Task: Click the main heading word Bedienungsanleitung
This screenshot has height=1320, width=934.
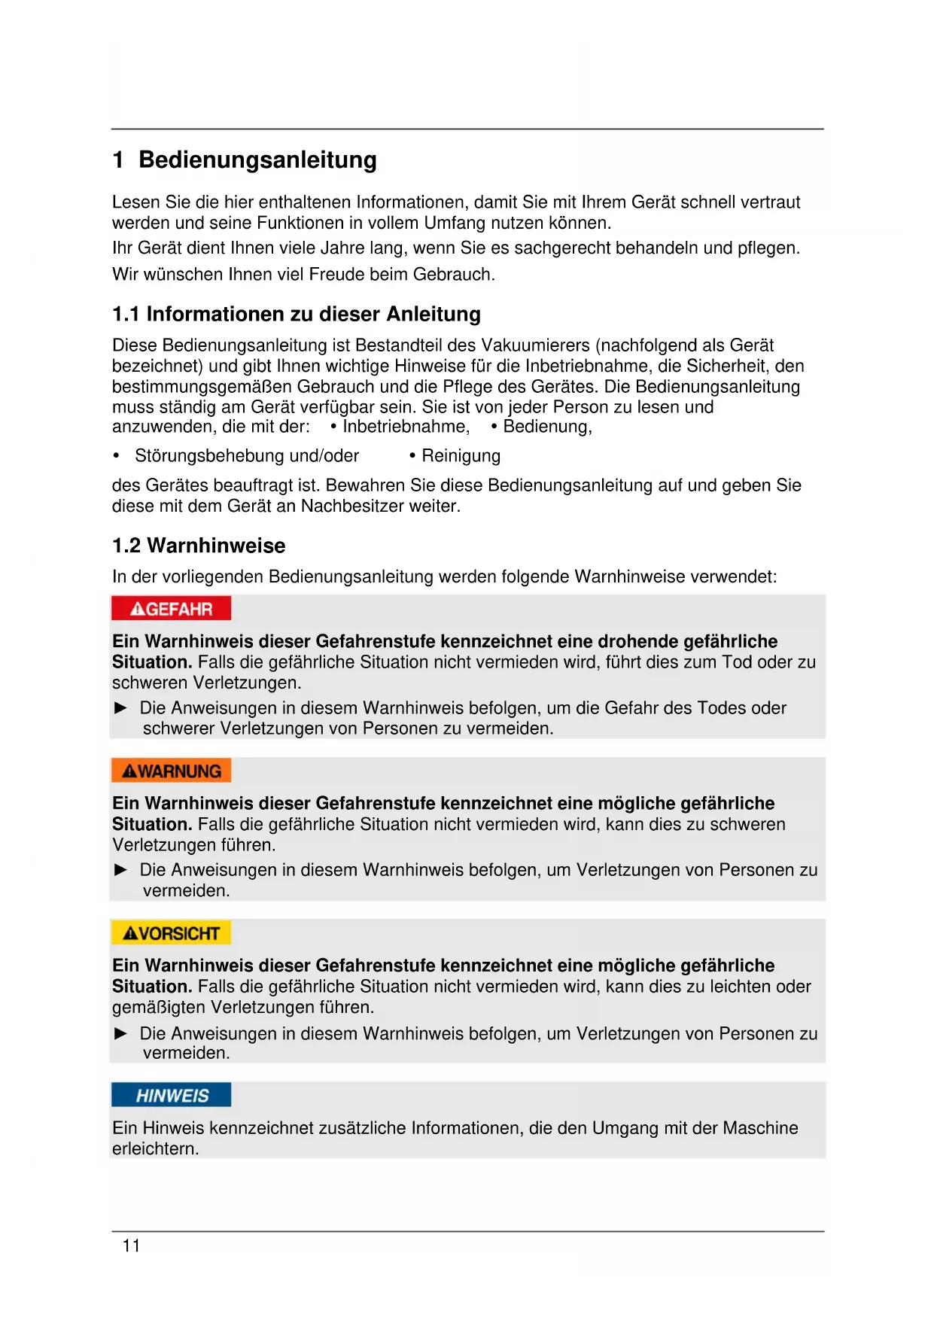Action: [x=257, y=160]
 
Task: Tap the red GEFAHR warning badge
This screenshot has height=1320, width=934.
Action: [x=171, y=609]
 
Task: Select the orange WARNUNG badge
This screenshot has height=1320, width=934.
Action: [x=171, y=771]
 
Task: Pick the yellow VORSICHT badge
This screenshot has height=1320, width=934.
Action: [x=171, y=933]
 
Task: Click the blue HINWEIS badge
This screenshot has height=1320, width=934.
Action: [x=171, y=1095]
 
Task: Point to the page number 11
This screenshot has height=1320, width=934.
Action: [x=131, y=1246]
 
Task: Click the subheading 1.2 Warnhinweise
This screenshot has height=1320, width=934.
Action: [x=199, y=546]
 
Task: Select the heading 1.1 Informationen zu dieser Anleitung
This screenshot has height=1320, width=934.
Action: [x=296, y=314]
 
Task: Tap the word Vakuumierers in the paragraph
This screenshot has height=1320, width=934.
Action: [x=535, y=345]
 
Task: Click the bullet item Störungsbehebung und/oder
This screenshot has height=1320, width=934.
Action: [x=246, y=456]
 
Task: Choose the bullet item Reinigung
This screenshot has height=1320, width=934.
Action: [x=461, y=456]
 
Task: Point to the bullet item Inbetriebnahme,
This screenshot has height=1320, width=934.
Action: [x=406, y=427]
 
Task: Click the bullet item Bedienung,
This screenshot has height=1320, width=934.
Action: [x=547, y=427]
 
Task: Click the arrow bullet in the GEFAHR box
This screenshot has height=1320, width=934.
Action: [x=120, y=708]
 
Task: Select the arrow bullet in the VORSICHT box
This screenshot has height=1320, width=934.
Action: [x=120, y=1033]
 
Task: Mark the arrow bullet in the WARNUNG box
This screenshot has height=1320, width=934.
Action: [x=120, y=870]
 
